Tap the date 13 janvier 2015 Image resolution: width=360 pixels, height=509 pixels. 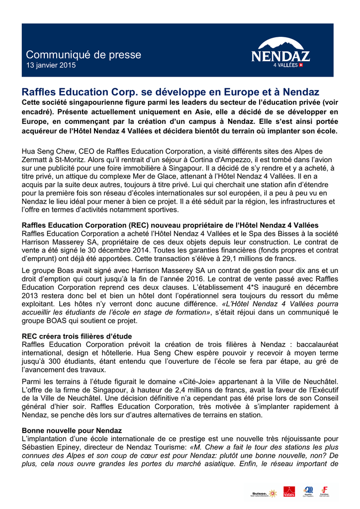[51, 66]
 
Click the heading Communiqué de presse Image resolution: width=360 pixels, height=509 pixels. [84, 55]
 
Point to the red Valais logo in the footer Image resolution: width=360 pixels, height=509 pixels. [289, 492]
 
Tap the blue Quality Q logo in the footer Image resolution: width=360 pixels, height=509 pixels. [308, 492]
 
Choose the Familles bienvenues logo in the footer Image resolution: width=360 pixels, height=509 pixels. [325, 492]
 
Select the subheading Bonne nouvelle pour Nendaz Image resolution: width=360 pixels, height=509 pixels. [72, 429]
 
